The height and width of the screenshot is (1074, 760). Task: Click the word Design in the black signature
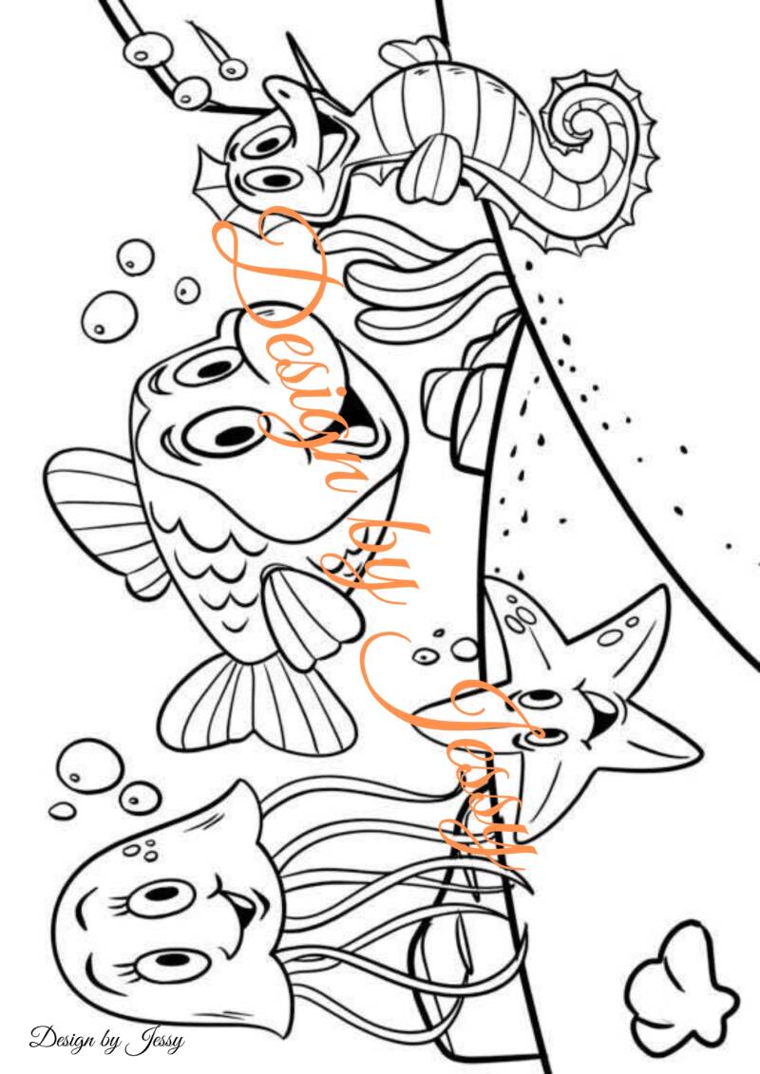[63, 1040]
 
